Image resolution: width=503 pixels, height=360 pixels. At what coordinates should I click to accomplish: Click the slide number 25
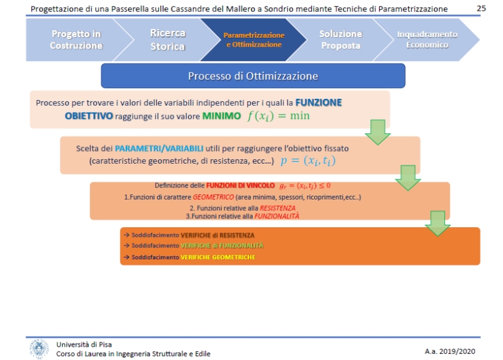click(482, 8)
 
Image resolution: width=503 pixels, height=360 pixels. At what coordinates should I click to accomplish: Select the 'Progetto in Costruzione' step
click(76, 40)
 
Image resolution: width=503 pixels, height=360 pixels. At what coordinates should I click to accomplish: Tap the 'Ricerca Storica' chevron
click(168, 40)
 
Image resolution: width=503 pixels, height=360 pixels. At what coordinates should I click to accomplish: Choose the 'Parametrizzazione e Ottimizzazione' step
click(253, 40)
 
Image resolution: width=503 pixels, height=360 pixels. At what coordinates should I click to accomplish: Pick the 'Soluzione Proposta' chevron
click(340, 40)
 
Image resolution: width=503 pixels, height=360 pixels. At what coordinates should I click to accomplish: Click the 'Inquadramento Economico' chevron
click(426, 40)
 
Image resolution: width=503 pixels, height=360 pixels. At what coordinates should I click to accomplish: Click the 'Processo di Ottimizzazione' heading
click(253, 76)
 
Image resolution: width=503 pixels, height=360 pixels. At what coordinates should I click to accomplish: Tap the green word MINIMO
click(221, 116)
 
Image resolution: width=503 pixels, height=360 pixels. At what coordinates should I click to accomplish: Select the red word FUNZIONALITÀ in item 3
click(277, 215)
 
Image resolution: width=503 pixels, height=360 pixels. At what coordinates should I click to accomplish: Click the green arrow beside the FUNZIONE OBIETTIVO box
click(378, 131)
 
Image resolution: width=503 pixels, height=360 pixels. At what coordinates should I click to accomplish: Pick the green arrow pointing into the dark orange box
click(438, 223)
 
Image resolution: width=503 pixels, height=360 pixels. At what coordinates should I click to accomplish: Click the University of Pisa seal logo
click(39, 348)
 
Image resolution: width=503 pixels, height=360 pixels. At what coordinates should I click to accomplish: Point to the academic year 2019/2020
click(451, 350)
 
